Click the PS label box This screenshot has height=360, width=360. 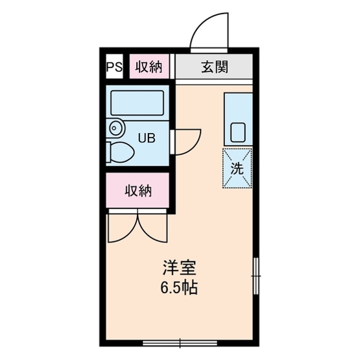tap(114, 66)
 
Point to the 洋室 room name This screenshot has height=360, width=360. tap(178, 267)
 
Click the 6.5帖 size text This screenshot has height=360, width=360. tap(178, 286)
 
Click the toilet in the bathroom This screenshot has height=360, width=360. tap(119, 152)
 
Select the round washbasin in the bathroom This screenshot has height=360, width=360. tap(115, 128)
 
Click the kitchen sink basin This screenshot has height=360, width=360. tap(237, 133)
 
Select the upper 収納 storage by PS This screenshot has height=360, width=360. tap(149, 66)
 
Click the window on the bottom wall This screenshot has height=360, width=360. tap(178, 342)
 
